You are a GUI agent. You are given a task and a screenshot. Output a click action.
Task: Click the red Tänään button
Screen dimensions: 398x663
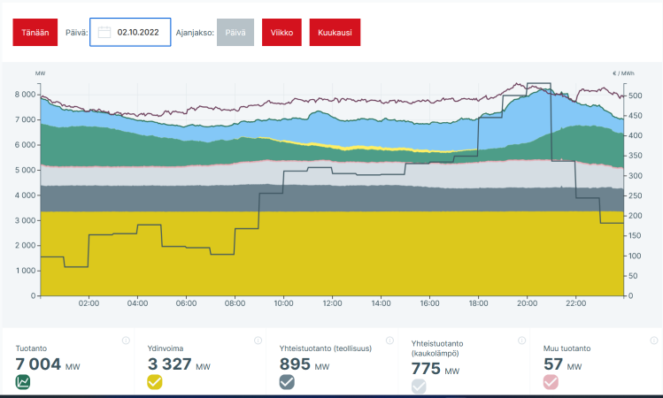pos(35,33)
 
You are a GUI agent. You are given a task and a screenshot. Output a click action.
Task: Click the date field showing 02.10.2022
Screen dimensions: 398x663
pos(130,33)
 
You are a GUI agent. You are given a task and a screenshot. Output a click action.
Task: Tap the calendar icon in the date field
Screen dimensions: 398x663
pos(104,33)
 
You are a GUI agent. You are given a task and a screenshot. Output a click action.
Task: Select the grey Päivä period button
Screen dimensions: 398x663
pos(235,33)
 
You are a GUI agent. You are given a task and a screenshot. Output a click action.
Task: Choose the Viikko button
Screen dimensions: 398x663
pos(281,33)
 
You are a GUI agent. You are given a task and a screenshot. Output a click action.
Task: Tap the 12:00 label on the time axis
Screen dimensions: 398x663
pos(332,303)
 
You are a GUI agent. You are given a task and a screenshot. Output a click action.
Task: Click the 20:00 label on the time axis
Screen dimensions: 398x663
pos(527,303)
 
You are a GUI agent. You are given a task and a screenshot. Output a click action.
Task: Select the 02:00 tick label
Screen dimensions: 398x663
pos(89,303)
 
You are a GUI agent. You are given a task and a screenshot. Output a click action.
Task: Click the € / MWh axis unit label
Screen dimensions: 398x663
pos(623,73)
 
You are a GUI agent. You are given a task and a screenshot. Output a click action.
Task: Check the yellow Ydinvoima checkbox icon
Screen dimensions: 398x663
pos(155,382)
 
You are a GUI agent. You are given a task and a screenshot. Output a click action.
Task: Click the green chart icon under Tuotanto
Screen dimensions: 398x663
pos(23,382)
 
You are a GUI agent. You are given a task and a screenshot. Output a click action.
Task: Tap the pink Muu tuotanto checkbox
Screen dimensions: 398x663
pos(551,382)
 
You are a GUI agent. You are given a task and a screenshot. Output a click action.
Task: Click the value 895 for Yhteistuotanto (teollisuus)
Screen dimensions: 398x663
pos(295,364)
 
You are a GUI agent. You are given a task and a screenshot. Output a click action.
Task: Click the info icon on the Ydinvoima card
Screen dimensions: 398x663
pos(257,341)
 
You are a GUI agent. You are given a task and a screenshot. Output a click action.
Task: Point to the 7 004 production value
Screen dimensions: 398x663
pos(37,364)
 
